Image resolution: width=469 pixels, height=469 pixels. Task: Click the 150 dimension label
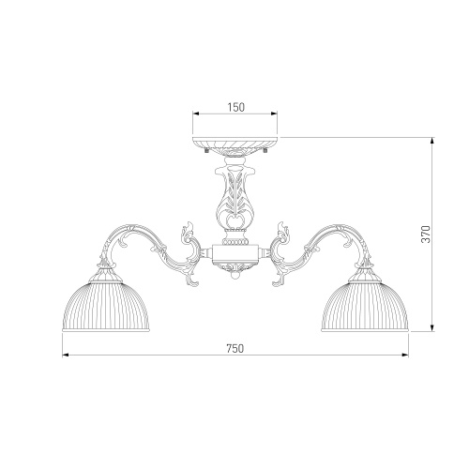point(235,107)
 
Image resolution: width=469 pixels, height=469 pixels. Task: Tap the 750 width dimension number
point(234,348)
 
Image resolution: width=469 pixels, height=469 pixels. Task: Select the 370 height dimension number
point(426,234)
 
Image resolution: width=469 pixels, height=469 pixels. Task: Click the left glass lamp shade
point(106,307)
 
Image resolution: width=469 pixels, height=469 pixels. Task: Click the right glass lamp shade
point(365,307)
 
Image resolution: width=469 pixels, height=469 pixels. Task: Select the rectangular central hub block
point(235,253)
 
